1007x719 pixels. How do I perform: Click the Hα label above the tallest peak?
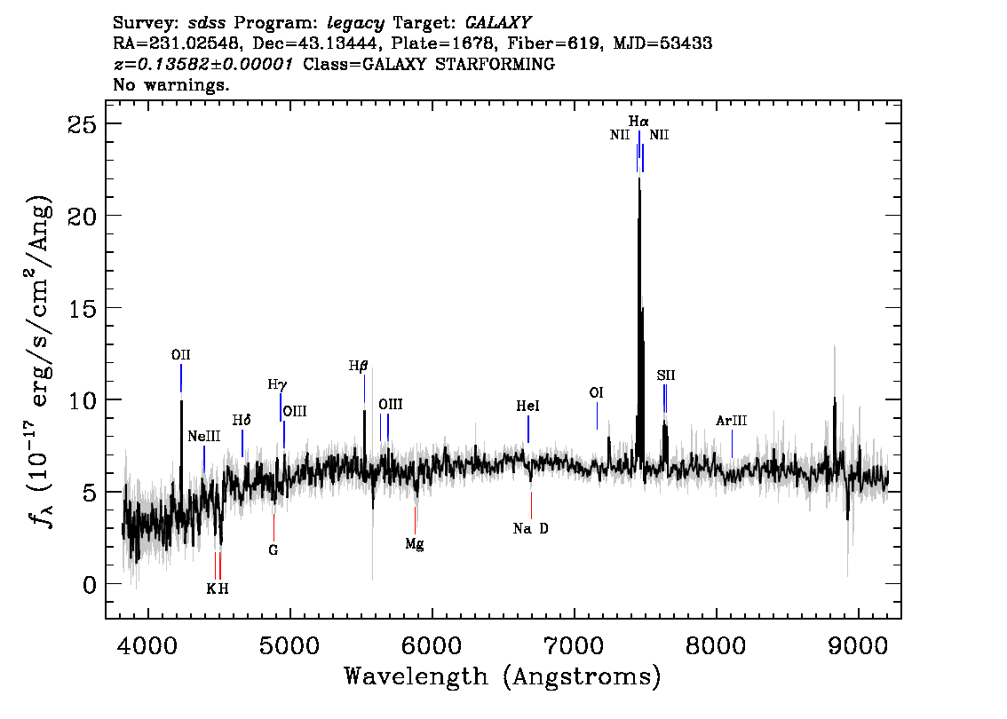(x=638, y=121)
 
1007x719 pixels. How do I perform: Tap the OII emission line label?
(x=181, y=355)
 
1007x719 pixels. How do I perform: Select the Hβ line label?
(x=358, y=366)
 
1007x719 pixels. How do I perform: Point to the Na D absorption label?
(x=531, y=529)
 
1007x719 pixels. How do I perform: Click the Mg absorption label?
(x=415, y=544)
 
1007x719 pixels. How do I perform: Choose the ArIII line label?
(x=732, y=421)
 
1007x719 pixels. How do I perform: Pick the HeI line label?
(x=527, y=406)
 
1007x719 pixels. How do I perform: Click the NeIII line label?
(x=203, y=437)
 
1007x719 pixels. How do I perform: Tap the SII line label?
(x=666, y=375)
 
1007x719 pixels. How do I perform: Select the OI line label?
(x=597, y=392)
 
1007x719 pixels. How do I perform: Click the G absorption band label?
(x=274, y=550)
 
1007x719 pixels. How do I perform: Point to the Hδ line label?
(x=242, y=420)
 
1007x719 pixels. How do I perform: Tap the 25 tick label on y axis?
(x=83, y=123)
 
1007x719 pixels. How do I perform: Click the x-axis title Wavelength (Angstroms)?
(x=503, y=677)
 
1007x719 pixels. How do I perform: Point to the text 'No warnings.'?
(x=171, y=85)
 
